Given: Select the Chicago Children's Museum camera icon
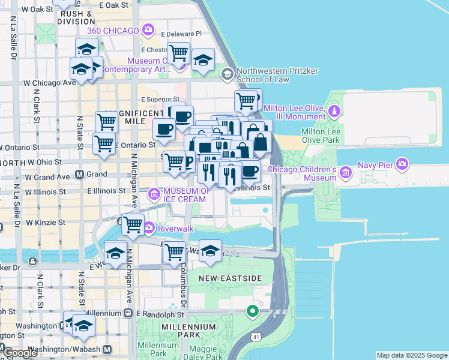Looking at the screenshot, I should [345, 173].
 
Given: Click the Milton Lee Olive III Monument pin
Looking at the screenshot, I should [334, 111].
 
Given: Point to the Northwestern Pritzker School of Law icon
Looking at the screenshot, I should [227, 74].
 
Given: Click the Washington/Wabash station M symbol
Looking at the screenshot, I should [107, 349].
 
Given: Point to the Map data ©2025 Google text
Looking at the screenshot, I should [412, 355].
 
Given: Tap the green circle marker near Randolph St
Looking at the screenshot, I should [253, 311].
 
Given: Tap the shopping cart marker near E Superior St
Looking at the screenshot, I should [246, 101].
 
